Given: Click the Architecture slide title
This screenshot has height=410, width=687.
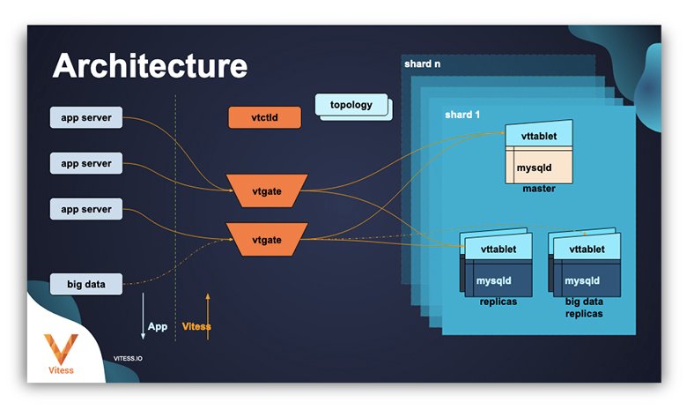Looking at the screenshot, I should (x=151, y=67).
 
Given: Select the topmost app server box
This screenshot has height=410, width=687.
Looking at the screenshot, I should (x=86, y=117).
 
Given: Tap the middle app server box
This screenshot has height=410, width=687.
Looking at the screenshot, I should (x=86, y=163).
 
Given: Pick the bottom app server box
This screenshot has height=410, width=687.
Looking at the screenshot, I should (x=86, y=209).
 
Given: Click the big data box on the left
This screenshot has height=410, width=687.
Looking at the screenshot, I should (x=86, y=284).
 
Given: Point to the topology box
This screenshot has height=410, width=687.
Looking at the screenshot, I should (x=351, y=105).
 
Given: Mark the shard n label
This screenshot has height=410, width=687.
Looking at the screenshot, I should (x=423, y=64).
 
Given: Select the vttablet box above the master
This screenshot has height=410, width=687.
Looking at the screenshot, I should (x=538, y=138).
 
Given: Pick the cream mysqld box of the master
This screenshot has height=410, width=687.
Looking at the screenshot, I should (x=538, y=167).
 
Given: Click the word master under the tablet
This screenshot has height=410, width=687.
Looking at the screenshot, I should (x=538, y=189).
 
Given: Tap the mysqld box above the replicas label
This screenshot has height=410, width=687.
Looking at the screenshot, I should (x=496, y=280).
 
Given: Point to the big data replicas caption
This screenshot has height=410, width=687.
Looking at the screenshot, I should (x=585, y=308).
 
